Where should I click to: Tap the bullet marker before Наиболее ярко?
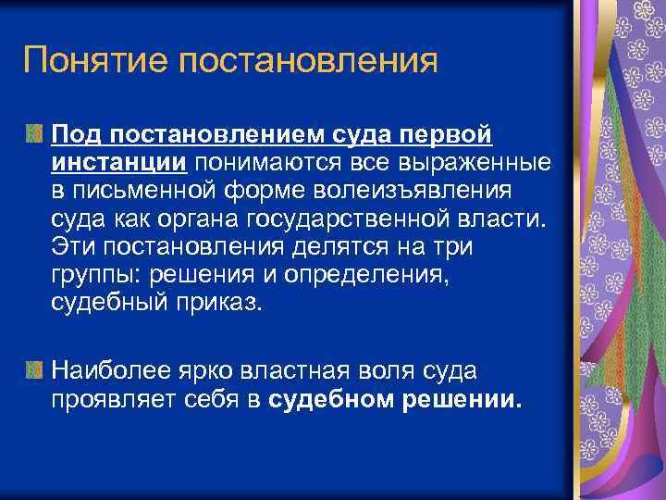click(35, 371)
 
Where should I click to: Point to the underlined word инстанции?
click(119, 163)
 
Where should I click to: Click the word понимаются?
click(246, 163)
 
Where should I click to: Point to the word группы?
click(89, 275)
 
